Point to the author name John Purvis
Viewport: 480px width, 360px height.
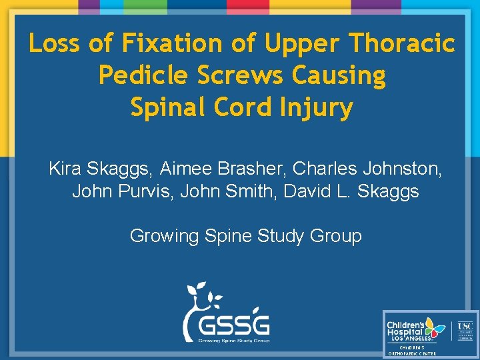point(116,191)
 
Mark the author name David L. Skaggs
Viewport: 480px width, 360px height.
point(351,191)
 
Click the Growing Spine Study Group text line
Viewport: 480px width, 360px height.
point(245,235)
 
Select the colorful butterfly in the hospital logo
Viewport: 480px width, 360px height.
point(434,327)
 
